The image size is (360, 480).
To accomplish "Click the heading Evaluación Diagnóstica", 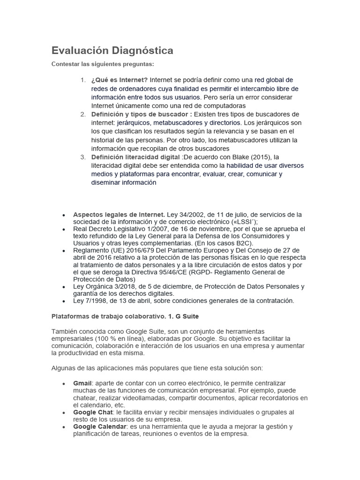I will point(112,50).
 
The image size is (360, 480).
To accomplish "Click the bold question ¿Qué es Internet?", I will point(120,80).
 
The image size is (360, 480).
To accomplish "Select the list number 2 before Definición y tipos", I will point(83,114).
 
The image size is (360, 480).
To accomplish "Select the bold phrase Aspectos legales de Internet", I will point(119,214).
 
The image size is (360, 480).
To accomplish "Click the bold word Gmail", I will point(82,383).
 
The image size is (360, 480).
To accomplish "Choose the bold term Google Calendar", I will point(99,427).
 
